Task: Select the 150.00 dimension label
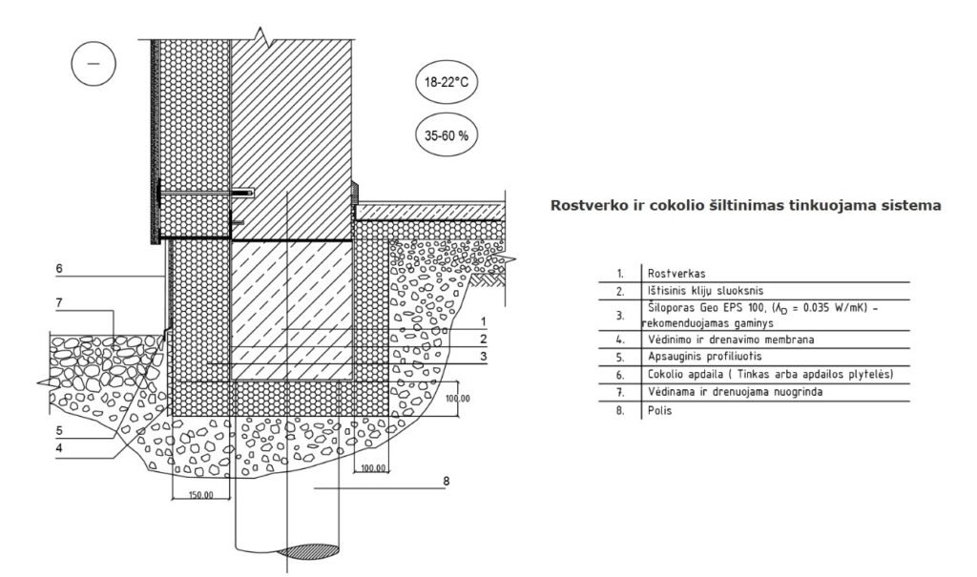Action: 200,496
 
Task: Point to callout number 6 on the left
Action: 58,269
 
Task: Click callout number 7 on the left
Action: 58,302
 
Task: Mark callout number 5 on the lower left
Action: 58,430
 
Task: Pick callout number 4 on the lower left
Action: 58,447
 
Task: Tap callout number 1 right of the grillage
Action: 484,321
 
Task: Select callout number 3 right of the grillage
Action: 484,356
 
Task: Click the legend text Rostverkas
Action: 671,273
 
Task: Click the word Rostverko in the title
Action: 584,205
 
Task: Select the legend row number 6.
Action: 620,375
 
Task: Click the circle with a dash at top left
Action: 93,64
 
